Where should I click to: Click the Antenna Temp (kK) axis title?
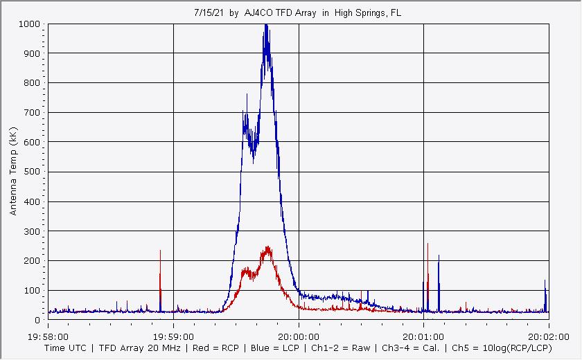[14, 170]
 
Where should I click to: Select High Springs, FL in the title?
[367, 12]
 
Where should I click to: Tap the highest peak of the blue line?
[265, 25]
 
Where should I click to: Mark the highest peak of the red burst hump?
[267, 247]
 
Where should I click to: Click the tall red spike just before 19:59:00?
[160, 251]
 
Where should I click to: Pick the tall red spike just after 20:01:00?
[428, 244]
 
